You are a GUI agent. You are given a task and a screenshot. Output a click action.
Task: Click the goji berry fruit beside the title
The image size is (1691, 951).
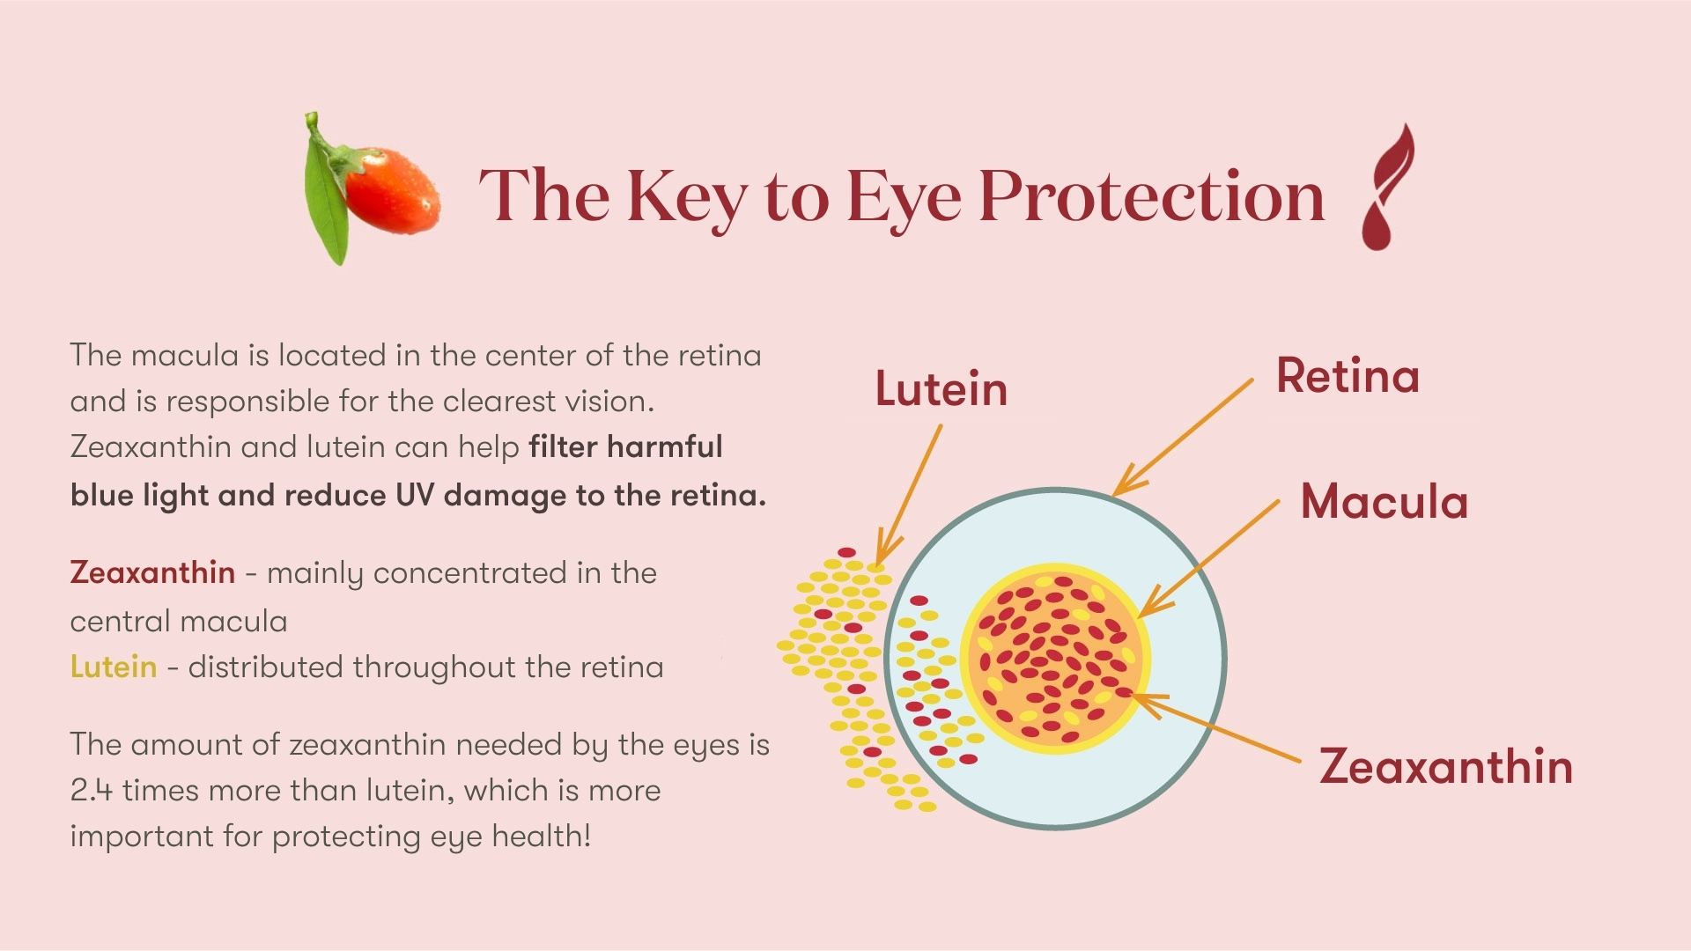click(393, 191)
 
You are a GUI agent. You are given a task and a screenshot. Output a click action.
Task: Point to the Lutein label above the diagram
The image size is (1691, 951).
click(941, 388)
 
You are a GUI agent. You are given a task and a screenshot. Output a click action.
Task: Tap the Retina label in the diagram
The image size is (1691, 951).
click(1348, 376)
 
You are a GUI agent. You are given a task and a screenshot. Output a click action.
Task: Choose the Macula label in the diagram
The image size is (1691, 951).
click(1385, 502)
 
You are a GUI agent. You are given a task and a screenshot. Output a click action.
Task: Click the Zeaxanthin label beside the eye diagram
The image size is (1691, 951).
click(1446, 766)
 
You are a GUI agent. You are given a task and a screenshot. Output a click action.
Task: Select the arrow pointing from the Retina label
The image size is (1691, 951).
click(1183, 437)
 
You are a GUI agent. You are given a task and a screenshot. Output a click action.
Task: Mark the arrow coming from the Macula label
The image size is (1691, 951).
click(1208, 558)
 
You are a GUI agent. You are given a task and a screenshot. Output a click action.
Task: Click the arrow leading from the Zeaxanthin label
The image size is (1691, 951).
click(1215, 727)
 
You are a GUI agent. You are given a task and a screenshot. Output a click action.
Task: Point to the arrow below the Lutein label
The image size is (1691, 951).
click(909, 495)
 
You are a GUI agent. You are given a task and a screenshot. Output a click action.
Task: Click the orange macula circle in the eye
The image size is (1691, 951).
click(1054, 659)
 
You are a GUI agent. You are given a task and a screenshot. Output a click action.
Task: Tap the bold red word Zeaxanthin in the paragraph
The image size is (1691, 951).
click(152, 572)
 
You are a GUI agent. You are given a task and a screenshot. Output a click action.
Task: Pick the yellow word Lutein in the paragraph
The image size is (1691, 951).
click(114, 667)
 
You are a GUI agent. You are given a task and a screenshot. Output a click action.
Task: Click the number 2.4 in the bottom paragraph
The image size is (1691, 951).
click(92, 790)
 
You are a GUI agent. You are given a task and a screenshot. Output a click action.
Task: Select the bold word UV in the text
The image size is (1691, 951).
click(414, 495)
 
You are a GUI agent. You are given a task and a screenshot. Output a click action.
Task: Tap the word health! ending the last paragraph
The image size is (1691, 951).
click(541, 836)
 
